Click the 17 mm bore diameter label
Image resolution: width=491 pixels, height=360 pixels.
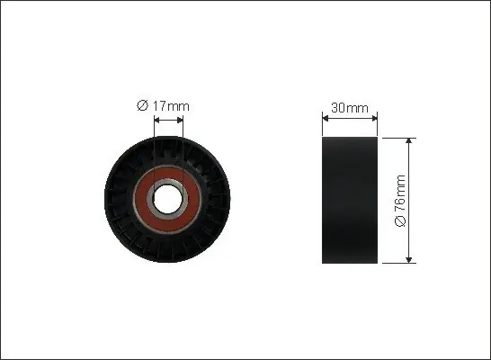(x=163, y=106)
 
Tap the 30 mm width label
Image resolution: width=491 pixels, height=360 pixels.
(x=350, y=108)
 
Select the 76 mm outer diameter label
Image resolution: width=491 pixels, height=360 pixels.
(x=400, y=201)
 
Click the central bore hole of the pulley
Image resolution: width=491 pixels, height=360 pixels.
(x=166, y=199)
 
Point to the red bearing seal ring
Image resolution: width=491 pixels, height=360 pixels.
(x=141, y=199)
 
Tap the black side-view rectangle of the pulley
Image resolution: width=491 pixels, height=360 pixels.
(x=350, y=200)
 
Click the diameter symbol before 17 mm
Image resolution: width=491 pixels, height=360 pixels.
(x=142, y=106)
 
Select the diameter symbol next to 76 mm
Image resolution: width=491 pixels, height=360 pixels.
(x=400, y=221)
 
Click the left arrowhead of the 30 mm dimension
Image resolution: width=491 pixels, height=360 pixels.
(x=325, y=119)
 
